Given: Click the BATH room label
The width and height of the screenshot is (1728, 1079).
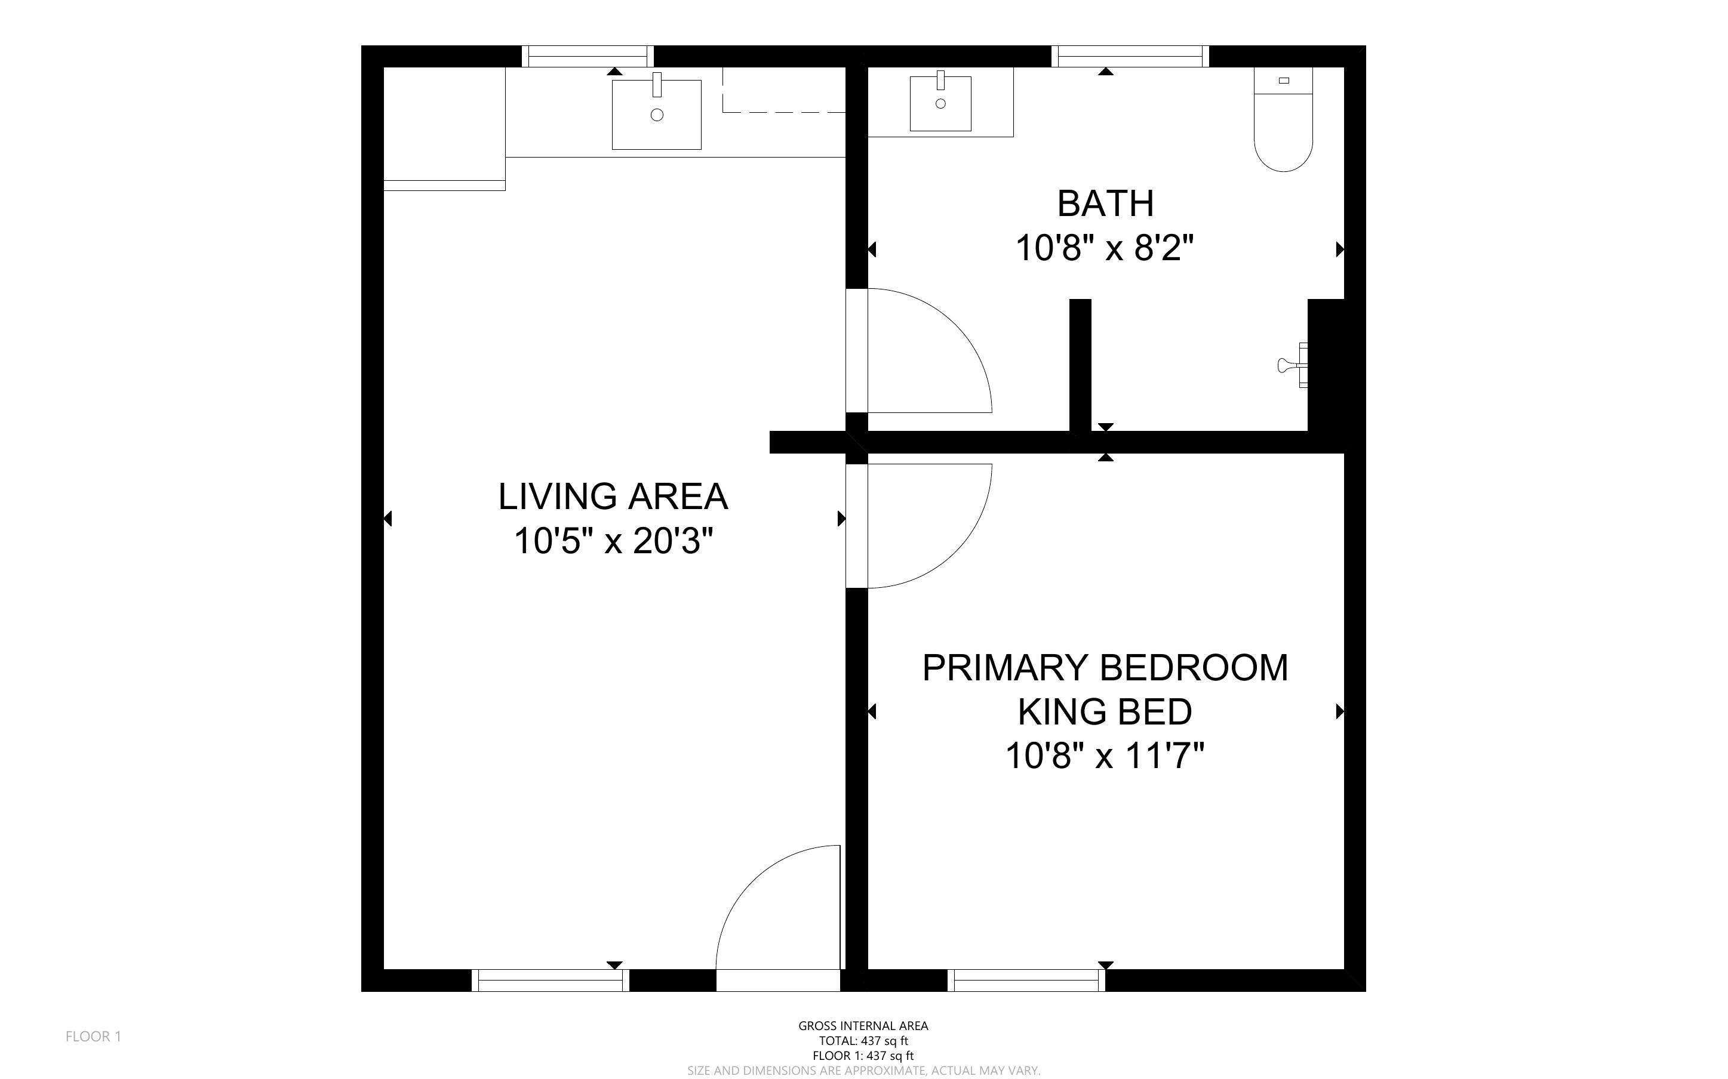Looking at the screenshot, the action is coord(1105,204).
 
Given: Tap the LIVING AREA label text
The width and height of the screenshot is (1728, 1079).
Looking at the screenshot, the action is coord(613,497).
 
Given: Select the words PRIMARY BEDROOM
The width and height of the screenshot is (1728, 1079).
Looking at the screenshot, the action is coord(1105,668).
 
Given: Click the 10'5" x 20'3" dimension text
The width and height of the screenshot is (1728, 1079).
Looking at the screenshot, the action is coord(613,540).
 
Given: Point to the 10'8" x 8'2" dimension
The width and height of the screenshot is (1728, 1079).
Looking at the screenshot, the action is coord(1105,248).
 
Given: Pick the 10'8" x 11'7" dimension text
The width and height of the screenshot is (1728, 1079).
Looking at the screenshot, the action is coord(1105,755).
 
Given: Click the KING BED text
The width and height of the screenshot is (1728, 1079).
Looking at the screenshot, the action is coord(1105,711).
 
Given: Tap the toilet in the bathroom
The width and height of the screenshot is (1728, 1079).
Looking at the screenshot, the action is coord(1283,119).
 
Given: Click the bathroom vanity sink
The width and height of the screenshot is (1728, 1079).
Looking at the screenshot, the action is coord(941,103).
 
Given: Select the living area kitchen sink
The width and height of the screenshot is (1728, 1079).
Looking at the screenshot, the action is coord(657,113).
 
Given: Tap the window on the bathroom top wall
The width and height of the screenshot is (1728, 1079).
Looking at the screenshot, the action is coord(1130,56).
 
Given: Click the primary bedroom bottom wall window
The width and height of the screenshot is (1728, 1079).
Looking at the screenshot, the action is coord(1026,981).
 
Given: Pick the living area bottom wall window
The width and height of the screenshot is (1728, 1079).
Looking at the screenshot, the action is coord(551,981).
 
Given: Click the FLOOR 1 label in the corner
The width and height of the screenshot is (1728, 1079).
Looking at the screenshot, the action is coord(94,1036).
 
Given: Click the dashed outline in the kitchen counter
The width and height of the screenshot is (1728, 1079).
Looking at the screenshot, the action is coord(784,90).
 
